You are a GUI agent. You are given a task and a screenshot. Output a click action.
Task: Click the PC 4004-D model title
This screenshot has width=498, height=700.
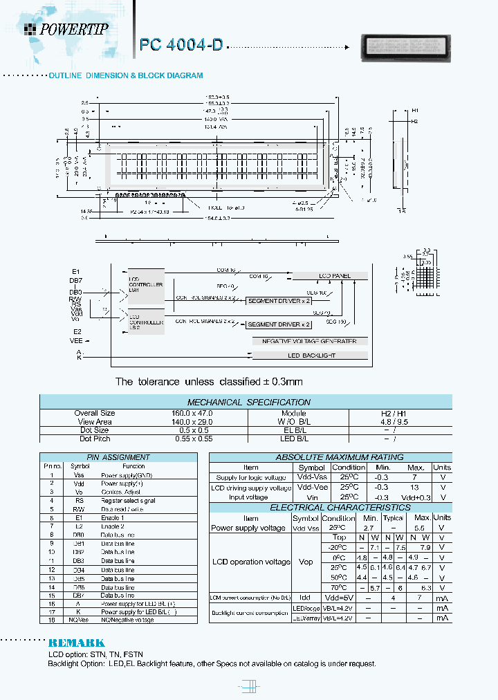click(x=181, y=45)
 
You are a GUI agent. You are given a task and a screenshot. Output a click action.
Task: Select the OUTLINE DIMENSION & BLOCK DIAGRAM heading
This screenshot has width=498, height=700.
click(x=125, y=75)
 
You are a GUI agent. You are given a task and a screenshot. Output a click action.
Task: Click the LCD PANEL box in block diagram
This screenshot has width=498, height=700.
click(x=335, y=276)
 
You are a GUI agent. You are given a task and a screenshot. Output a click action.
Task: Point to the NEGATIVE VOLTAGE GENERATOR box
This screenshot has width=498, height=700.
click(x=308, y=341)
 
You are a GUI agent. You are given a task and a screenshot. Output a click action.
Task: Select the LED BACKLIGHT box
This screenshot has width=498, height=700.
click(x=311, y=356)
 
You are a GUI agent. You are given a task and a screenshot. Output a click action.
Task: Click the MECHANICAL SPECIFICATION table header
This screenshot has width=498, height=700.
click(x=248, y=402)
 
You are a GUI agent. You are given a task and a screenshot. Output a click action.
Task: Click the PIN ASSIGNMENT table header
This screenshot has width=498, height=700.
click(x=118, y=457)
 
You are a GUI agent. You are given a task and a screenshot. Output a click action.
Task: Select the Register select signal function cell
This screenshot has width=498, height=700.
click(x=128, y=500)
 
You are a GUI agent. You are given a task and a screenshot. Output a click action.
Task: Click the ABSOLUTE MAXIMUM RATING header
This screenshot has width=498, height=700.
click(x=330, y=457)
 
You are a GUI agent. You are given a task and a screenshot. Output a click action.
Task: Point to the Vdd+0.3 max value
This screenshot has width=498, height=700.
click(x=414, y=497)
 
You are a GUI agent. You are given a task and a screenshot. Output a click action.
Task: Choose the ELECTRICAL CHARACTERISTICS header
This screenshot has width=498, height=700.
click(x=330, y=508)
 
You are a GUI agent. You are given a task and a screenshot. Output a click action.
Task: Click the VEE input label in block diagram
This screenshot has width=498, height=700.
click(x=76, y=340)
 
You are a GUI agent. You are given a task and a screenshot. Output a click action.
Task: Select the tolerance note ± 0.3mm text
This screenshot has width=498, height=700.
click(x=209, y=382)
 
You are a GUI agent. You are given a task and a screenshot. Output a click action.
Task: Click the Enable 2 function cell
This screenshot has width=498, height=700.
click(x=112, y=526)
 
